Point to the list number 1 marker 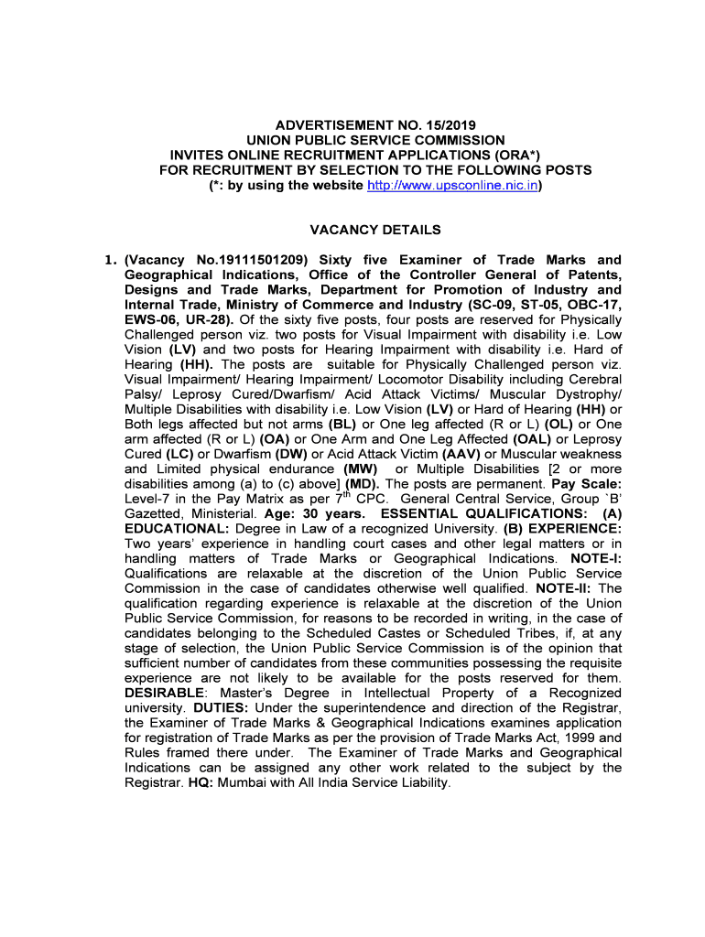109,261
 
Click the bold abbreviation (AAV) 461,454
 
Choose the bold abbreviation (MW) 361,468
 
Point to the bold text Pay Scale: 585,483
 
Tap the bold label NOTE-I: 595,558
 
